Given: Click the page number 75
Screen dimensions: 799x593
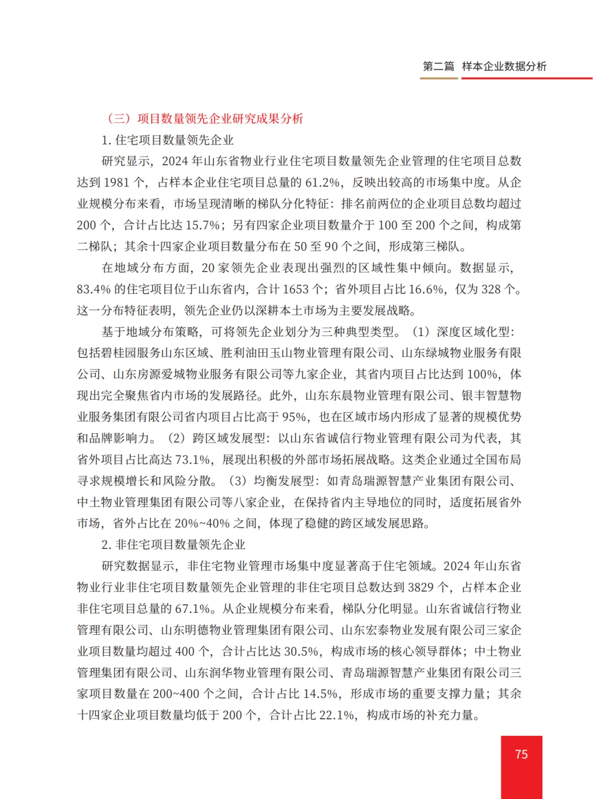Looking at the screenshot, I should pyautogui.click(x=522, y=754).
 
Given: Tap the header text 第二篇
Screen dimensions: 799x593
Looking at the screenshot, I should pyautogui.click(x=438, y=66).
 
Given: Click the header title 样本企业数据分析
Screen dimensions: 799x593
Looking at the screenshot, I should pyautogui.click(x=504, y=66).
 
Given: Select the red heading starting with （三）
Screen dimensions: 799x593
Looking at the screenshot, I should pyautogui.click(x=204, y=119).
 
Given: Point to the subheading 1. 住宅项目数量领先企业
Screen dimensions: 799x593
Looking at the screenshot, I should pyautogui.click(x=167, y=140).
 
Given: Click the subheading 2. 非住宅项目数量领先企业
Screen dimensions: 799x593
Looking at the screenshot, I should pyautogui.click(x=174, y=545).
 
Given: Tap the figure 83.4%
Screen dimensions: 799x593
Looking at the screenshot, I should pyautogui.click(x=94, y=289).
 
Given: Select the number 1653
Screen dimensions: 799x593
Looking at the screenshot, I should pyautogui.click(x=296, y=289).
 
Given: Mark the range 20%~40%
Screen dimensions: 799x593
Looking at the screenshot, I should pyautogui.click(x=198, y=523).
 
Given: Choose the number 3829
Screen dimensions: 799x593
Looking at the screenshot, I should pyautogui.click(x=421, y=588).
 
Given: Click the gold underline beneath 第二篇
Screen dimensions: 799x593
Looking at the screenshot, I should pyautogui.click(x=439, y=79).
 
